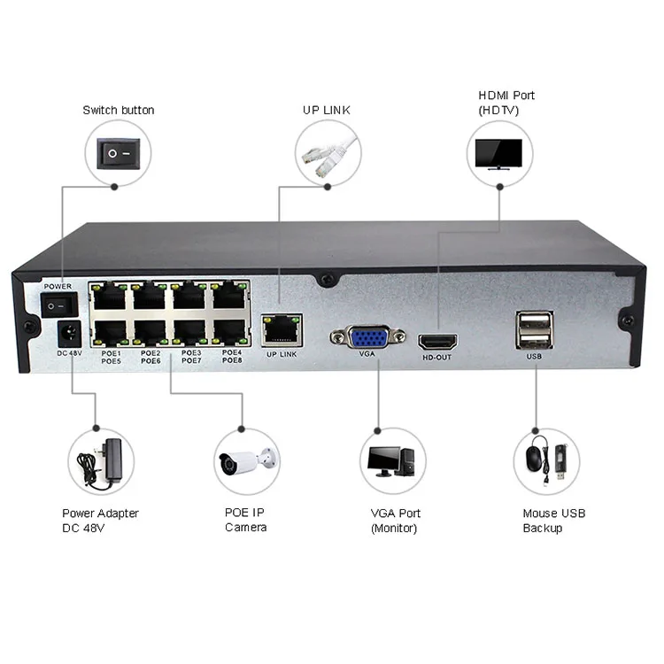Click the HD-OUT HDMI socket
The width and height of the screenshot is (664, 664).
[x=437, y=341]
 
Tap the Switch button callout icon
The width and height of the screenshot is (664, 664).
[x=118, y=152]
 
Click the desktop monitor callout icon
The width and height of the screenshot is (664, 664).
[x=392, y=461]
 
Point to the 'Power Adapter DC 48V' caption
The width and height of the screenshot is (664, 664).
[x=100, y=521]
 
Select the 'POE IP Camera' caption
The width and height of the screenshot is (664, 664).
[x=245, y=521]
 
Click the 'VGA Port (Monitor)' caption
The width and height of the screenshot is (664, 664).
[x=395, y=521]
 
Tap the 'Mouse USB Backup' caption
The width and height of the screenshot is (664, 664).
[x=553, y=521]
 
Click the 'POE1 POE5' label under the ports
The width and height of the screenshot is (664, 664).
[x=112, y=357]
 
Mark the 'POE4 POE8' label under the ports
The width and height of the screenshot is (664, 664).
[x=231, y=357]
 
